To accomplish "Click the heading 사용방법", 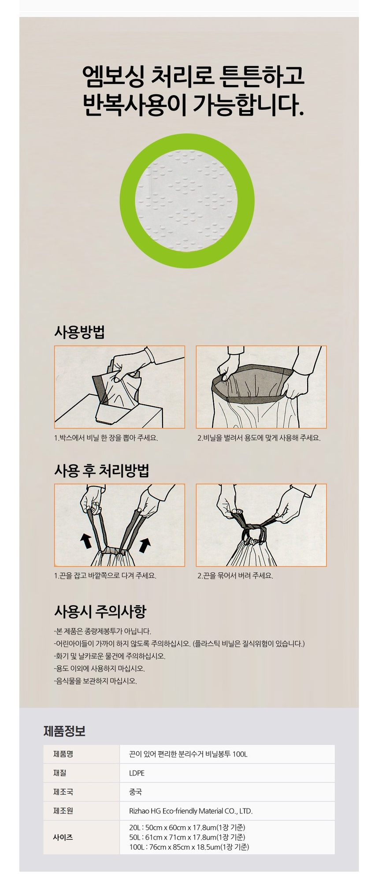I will point(79,332).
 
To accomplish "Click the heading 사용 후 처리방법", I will point(101,470).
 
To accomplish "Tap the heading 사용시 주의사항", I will point(100,611).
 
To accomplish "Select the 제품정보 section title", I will point(64,731).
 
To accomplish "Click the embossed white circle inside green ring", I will point(187,200).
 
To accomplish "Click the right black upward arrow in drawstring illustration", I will point(145,545).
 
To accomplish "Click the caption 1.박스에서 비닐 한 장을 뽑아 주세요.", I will point(106,438).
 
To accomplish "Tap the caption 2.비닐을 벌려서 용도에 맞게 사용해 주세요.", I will point(259,438).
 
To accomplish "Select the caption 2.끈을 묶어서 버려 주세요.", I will point(235,575).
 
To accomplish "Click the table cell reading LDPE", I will point(137,773).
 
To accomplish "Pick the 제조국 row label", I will point(63,792).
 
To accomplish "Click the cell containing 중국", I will point(135,792).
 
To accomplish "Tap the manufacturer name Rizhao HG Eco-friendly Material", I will point(190,811).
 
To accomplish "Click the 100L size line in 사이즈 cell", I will point(189,847).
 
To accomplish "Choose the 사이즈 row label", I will point(63,837).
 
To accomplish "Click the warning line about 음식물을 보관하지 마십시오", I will point(96,681).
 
